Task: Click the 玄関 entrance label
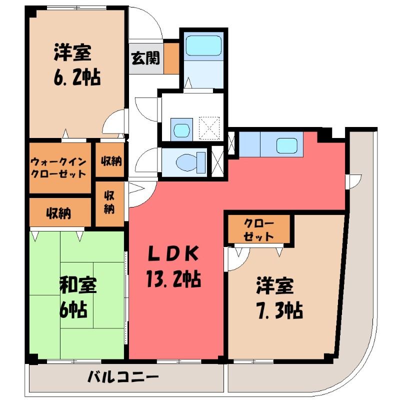145,58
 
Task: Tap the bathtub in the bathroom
203,45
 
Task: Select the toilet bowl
191,161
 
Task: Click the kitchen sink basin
286,145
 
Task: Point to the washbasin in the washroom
181,130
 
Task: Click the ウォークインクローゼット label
58,167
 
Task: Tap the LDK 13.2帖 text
173,267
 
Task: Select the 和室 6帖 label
77,297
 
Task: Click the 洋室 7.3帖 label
279,297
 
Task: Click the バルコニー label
123,377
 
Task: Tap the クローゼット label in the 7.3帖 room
259,230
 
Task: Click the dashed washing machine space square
209,128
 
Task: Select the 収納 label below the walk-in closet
58,213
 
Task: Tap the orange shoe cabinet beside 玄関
171,58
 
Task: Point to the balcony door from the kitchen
353,181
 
